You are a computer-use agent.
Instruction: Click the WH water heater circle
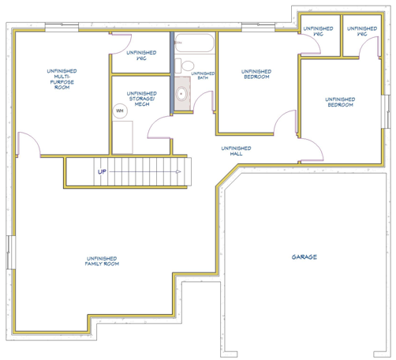120,111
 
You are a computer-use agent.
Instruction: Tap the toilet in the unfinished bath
185,66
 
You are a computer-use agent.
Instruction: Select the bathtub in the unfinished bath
195,43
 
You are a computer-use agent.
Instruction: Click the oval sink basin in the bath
181,93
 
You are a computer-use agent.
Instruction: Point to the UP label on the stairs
102,172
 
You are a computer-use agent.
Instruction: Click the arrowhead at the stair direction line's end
178,172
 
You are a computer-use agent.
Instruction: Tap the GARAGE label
304,257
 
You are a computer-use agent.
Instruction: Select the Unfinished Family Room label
102,261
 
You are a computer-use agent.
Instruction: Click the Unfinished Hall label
236,151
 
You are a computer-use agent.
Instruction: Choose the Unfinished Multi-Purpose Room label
62,79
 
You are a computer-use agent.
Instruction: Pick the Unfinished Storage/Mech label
142,99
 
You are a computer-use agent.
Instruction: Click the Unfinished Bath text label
203,76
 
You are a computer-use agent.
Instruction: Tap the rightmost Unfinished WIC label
362,31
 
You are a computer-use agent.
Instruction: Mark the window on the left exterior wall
11,253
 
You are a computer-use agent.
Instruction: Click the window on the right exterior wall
386,111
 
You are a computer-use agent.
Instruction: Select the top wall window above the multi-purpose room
62,28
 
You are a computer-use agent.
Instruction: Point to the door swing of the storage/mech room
159,127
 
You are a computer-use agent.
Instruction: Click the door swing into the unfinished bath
204,101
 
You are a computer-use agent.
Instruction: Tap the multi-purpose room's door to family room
28,144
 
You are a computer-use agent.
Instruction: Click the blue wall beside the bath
172,73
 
